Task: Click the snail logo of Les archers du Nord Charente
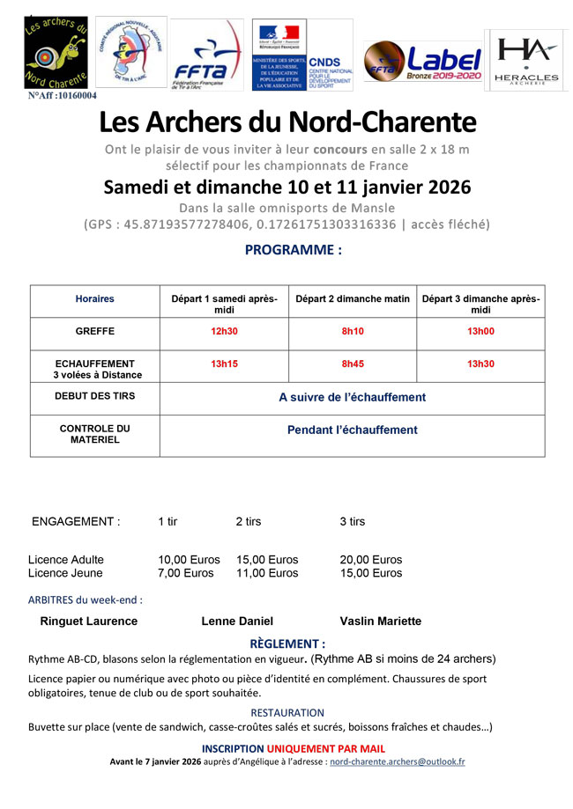point(56,52)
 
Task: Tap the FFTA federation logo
point(207,55)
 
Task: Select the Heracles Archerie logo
point(526,60)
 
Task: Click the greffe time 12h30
point(224,331)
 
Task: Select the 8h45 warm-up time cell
point(353,364)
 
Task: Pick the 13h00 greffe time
point(480,331)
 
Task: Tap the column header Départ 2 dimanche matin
point(353,299)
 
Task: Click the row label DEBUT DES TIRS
point(94,396)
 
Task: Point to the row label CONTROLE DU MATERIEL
point(94,434)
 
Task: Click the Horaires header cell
point(94,299)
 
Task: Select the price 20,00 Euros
point(370,560)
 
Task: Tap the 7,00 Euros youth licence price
point(186,573)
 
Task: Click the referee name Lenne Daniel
point(237,621)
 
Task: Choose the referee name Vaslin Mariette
point(380,621)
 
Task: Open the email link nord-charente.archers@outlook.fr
point(397,761)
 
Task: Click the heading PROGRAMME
point(293,250)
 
